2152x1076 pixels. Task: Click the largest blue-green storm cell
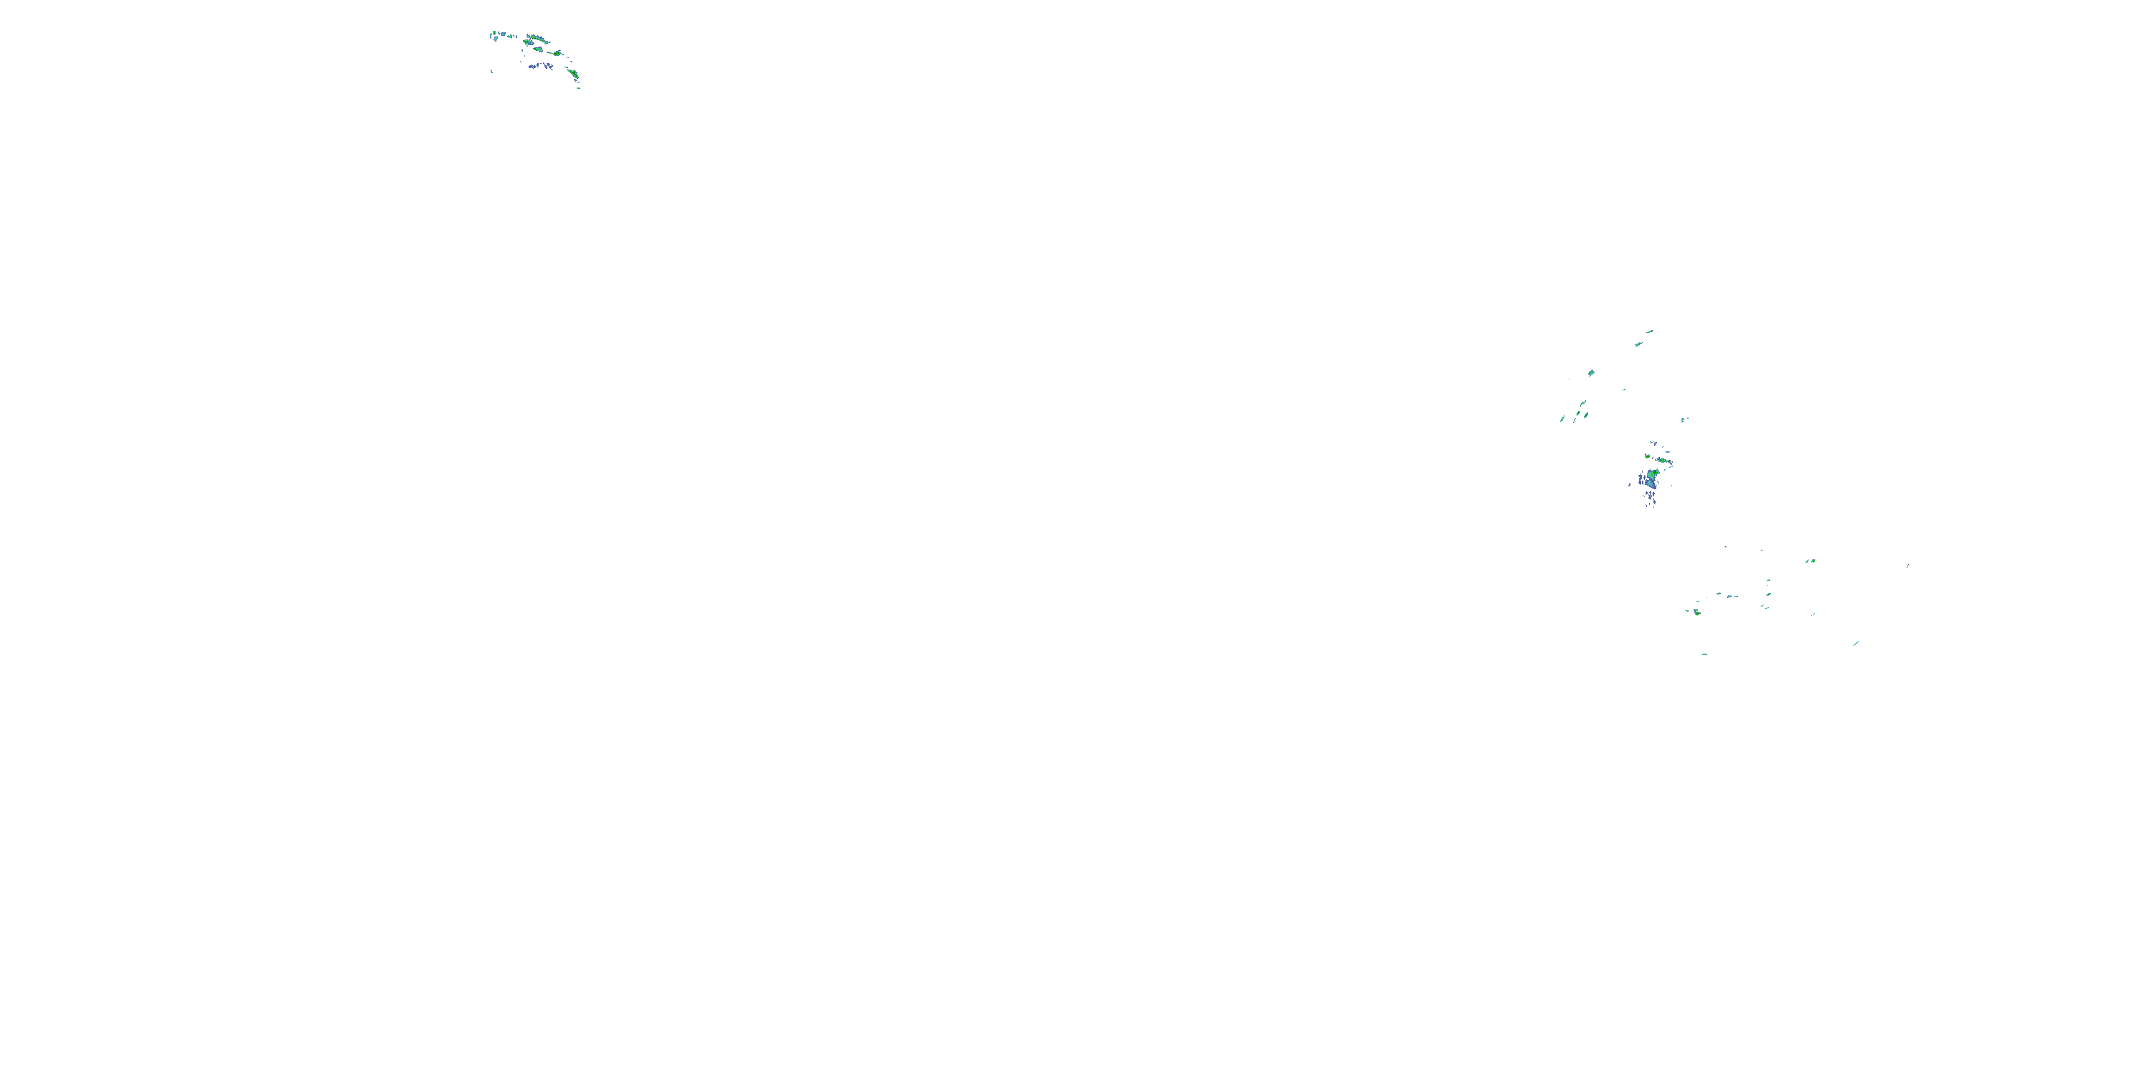1651,478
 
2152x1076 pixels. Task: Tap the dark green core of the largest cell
1654,473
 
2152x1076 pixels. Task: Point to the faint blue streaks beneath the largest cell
1650,499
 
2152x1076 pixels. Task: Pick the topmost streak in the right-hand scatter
1650,331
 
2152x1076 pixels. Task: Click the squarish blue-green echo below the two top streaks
1592,372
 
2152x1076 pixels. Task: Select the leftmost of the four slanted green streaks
1562,418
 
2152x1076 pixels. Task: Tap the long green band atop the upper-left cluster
537,39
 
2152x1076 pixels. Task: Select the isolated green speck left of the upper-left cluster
491,71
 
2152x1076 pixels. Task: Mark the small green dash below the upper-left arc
578,87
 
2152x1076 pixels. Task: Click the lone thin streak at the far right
1907,565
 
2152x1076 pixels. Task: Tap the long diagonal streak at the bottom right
1856,643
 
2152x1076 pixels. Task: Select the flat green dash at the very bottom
1704,653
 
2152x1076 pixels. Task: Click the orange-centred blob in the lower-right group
1696,613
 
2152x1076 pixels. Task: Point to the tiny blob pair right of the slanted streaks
1684,420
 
